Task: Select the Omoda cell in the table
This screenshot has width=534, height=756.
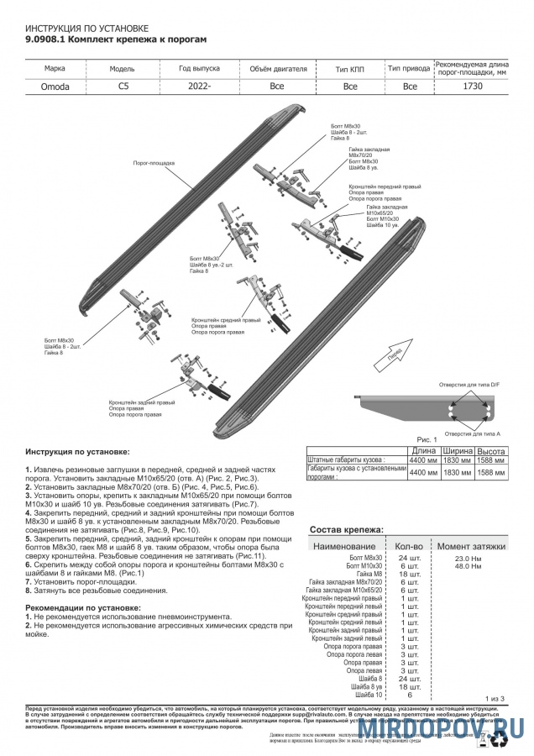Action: (55, 86)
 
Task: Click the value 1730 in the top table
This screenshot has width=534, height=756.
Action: (473, 86)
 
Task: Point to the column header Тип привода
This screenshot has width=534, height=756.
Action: (410, 68)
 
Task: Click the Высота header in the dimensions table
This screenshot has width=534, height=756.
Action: (490, 451)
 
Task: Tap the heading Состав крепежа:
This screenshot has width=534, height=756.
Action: (347, 530)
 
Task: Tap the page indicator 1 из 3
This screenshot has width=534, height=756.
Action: (495, 698)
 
